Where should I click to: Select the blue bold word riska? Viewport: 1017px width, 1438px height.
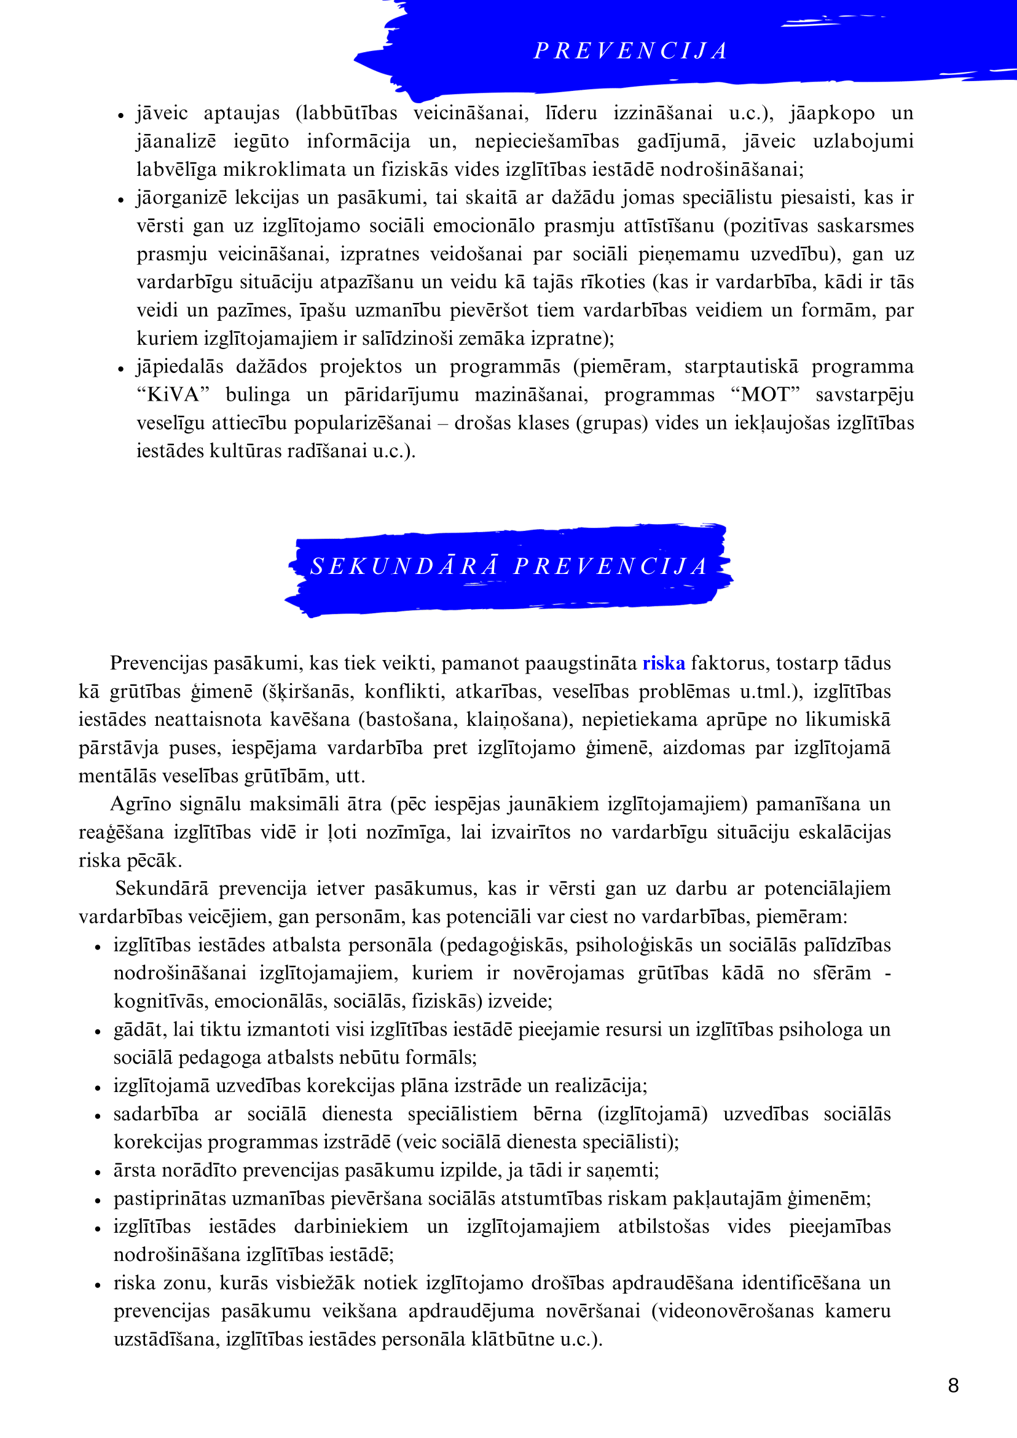(x=663, y=663)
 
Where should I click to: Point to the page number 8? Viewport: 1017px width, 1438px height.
(x=953, y=1385)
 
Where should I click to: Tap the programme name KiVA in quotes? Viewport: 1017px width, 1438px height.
(x=172, y=395)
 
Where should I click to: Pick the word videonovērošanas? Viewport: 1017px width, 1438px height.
(x=737, y=1311)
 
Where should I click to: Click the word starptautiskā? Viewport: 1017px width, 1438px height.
(x=741, y=367)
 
